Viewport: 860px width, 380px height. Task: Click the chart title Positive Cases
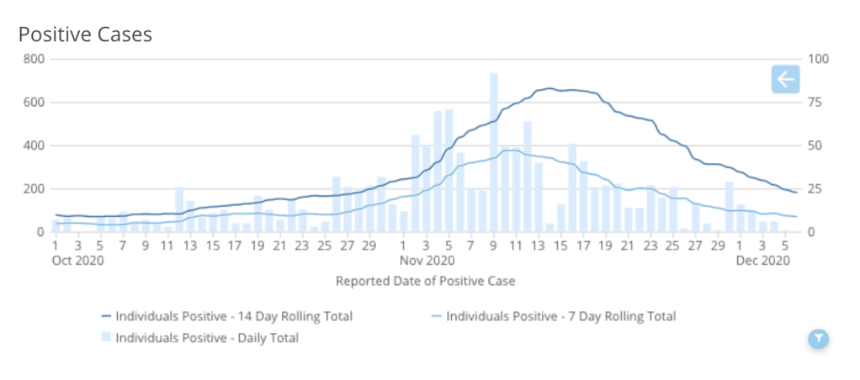click(85, 34)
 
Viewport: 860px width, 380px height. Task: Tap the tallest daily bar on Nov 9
click(494, 151)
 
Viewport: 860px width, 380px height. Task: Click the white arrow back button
click(785, 80)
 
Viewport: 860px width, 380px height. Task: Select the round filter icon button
click(818, 338)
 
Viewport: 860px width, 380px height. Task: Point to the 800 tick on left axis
click(35, 59)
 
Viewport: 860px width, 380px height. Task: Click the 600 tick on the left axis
click(35, 103)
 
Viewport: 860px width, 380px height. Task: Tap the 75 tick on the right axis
click(816, 103)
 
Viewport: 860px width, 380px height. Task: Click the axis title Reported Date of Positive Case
click(425, 281)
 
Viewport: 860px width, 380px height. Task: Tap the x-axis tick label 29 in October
click(369, 245)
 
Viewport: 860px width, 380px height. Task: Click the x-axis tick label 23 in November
click(650, 245)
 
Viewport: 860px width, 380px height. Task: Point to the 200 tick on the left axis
click(35, 188)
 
